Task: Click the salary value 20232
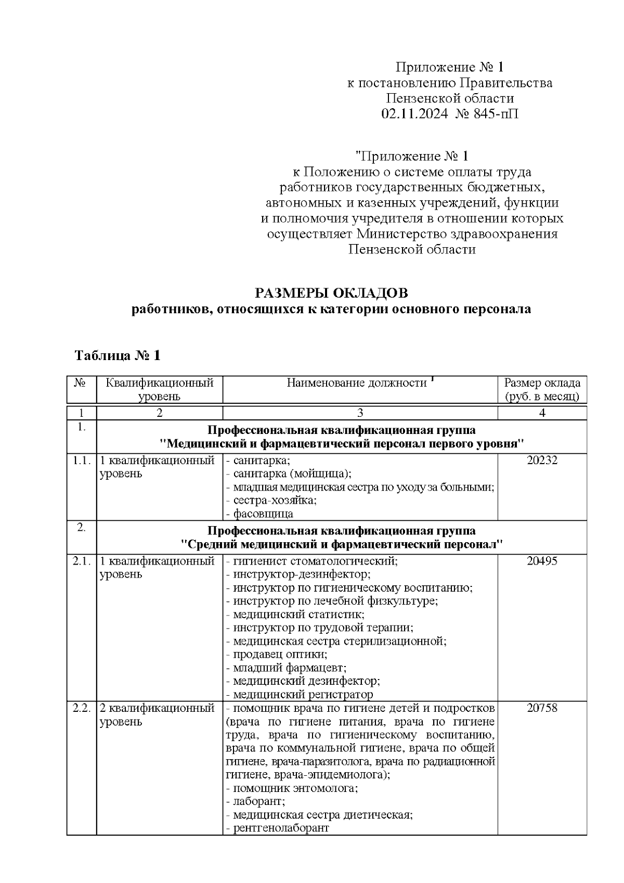coord(542,460)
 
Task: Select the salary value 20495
coord(542,561)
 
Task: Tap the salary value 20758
coord(542,709)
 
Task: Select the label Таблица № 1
coord(118,356)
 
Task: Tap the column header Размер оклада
coord(542,383)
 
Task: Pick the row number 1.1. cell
coord(82,460)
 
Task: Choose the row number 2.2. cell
coord(82,709)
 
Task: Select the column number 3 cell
coord(360,413)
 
